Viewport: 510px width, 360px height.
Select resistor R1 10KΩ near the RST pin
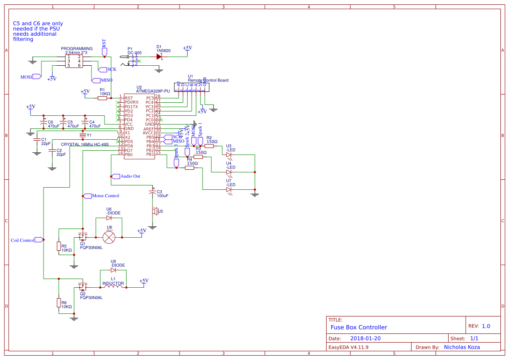tap(102, 98)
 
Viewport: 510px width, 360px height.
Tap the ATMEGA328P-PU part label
tap(153, 91)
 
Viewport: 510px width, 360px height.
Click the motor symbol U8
tap(109, 237)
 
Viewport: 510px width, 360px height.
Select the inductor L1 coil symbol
tap(113, 286)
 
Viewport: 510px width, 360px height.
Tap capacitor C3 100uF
tap(152, 192)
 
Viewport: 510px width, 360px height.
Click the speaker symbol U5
tap(154, 212)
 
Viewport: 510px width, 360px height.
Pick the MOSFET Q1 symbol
tap(82, 237)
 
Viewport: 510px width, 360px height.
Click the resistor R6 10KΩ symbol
tap(58, 303)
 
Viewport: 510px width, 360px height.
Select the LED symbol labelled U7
tap(229, 190)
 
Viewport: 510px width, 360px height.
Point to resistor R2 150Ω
tap(209, 146)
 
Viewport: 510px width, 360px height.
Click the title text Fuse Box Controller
tap(358, 327)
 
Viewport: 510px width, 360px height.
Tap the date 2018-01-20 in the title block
tap(366, 338)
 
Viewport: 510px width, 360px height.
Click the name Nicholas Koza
tap(462, 347)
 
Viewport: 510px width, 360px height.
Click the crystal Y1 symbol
tap(82, 135)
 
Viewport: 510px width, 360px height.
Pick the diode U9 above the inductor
tap(113, 270)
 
